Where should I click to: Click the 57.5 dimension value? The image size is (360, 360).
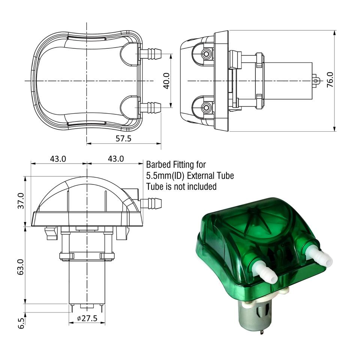pyautogui.click(x=123, y=138)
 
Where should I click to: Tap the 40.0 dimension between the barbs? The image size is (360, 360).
pyautogui.click(x=166, y=81)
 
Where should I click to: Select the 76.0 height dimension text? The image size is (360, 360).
pyautogui.click(x=330, y=79)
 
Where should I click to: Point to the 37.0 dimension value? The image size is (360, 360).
pyautogui.click(x=21, y=201)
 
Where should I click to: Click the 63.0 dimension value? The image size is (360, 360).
pyautogui.click(x=21, y=267)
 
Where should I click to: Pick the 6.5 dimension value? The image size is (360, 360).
pyautogui.click(x=21, y=323)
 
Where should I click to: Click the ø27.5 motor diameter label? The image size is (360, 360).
pyautogui.click(x=87, y=318)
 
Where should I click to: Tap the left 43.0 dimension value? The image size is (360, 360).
pyautogui.click(x=58, y=159)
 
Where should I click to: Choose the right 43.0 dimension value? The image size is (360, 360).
pyautogui.click(x=116, y=159)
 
